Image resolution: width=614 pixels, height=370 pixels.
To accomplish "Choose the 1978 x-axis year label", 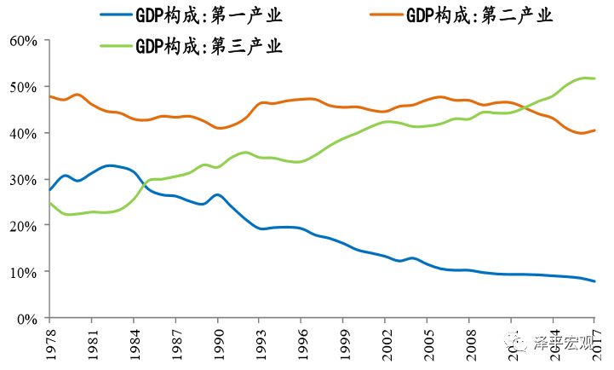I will pyautogui.click(x=49, y=341).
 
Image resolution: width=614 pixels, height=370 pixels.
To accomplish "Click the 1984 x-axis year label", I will pyautogui.click(x=133, y=341).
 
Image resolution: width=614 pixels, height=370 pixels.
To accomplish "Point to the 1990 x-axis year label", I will pyautogui.click(x=217, y=341).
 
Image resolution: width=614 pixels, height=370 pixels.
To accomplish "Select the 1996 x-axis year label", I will pyautogui.click(x=301, y=341).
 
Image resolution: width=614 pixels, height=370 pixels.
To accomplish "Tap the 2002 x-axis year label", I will pyautogui.click(x=385, y=341).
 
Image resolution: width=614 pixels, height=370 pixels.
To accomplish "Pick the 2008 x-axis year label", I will pyautogui.click(x=468, y=341).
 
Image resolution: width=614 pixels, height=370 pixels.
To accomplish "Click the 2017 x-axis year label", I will pyautogui.click(x=594, y=341).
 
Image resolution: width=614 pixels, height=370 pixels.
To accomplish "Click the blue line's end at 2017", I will pyautogui.click(x=594, y=281).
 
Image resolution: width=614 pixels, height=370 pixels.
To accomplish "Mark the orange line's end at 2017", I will pyautogui.click(x=594, y=130).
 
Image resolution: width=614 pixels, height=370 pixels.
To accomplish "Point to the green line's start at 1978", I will pyautogui.click(x=49, y=203).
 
